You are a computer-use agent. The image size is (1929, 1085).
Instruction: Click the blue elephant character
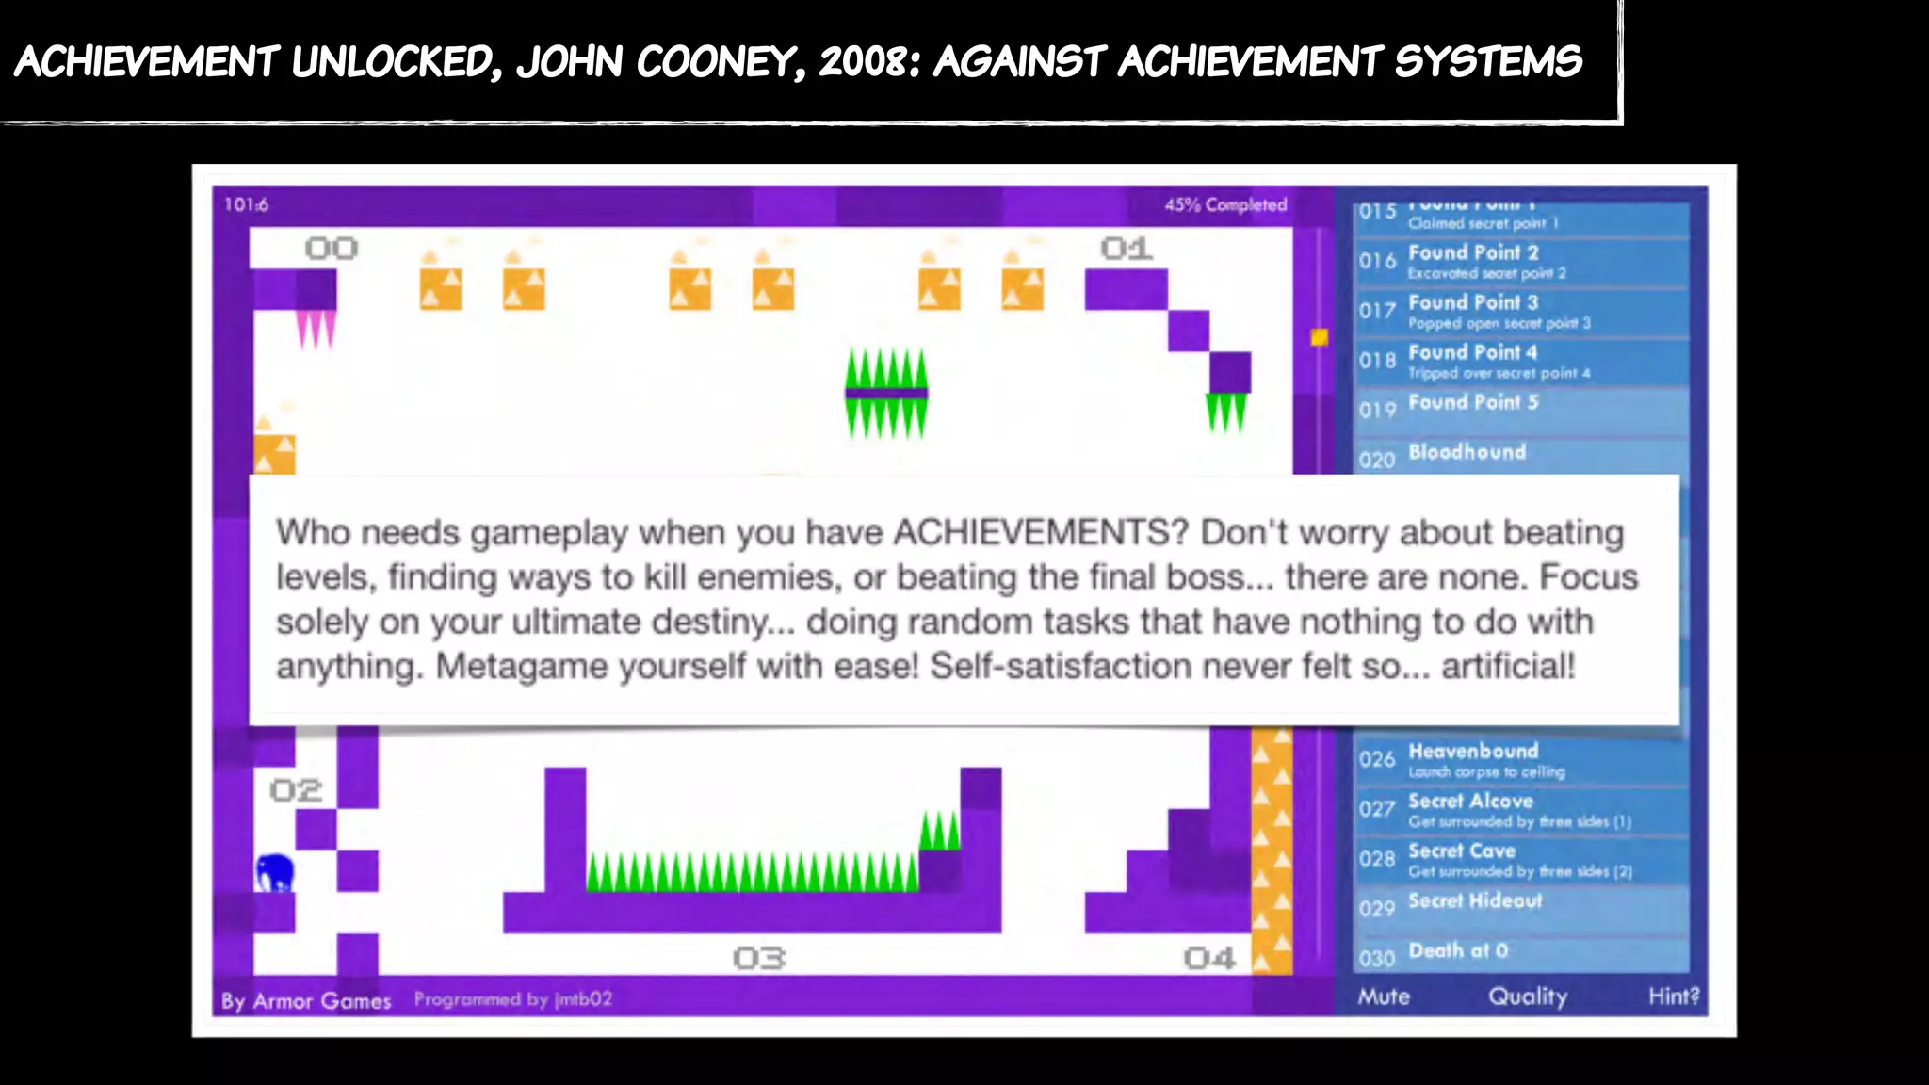pyautogui.click(x=274, y=873)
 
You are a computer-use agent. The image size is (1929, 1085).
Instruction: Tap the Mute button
pyautogui.click(x=1384, y=996)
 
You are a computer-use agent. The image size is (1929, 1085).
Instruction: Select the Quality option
pyautogui.click(x=1528, y=996)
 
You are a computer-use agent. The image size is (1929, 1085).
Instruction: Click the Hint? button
pyautogui.click(x=1674, y=996)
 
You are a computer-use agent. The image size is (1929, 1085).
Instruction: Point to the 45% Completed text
pyautogui.click(x=1225, y=204)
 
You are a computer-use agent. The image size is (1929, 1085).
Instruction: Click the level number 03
pyautogui.click(x=759, y=959)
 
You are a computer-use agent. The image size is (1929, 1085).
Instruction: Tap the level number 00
pyautogui.click(x=332, y=249)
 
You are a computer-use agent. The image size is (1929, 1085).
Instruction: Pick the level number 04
pyautogui.click(x=1209, y=959)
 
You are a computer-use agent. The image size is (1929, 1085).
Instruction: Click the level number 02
pyautogui.click(x=296, y=790)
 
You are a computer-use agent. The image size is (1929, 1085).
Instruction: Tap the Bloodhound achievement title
pyautogui.click(x=1467, y=452)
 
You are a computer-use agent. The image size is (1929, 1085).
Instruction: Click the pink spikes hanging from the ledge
pyautogui.click(x=316, y=329)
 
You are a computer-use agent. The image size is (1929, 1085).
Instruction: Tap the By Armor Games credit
pyautogui.click(x=306, y=1000)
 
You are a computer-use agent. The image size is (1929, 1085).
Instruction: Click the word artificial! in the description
pyautogui.click(x=1508, y=666)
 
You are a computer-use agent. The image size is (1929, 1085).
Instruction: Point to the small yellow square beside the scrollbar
pyautogui.click(x=1319, y=336)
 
